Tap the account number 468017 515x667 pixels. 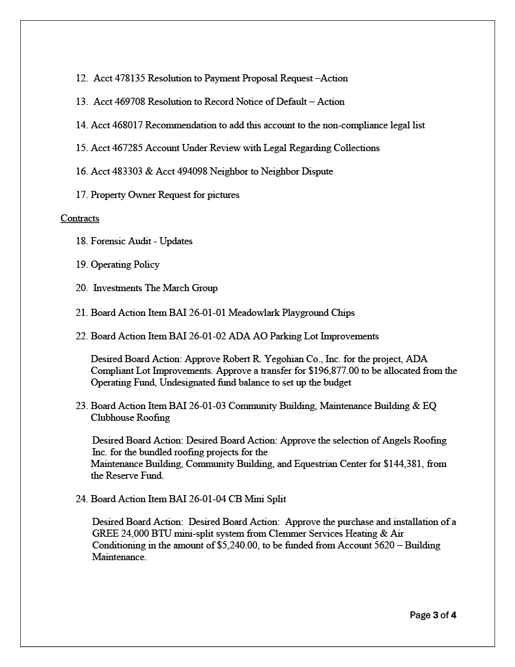(128, 125)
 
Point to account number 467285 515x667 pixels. (128, 148)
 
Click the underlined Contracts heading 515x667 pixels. (80, 218)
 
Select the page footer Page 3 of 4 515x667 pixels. (433, 615)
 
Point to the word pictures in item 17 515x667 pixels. (221, 195)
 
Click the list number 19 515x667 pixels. (81, 264)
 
